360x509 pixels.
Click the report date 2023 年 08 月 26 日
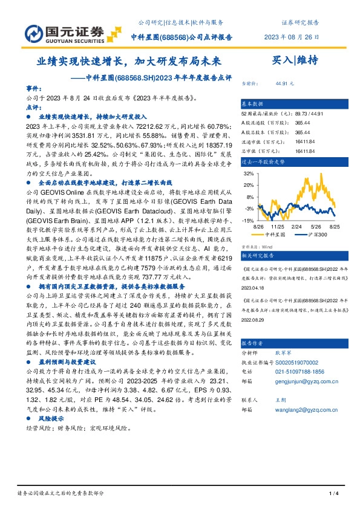(292, 37)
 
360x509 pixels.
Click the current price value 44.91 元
(284, 83)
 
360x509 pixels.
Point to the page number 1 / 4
(332, 494)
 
